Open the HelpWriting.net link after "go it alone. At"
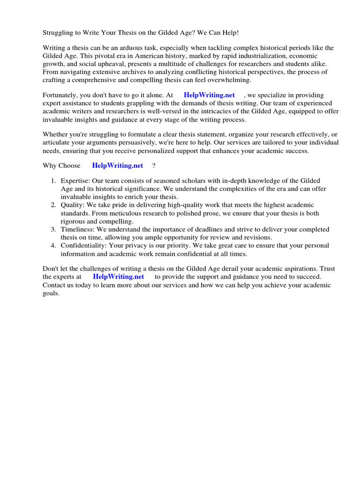[209, 95]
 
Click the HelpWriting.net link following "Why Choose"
[117, 165]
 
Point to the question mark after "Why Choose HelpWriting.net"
[153, 165]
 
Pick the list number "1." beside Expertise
[53, 181]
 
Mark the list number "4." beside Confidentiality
[53, 245]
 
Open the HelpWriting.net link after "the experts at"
[118, 277]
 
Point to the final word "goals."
[51, 293]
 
